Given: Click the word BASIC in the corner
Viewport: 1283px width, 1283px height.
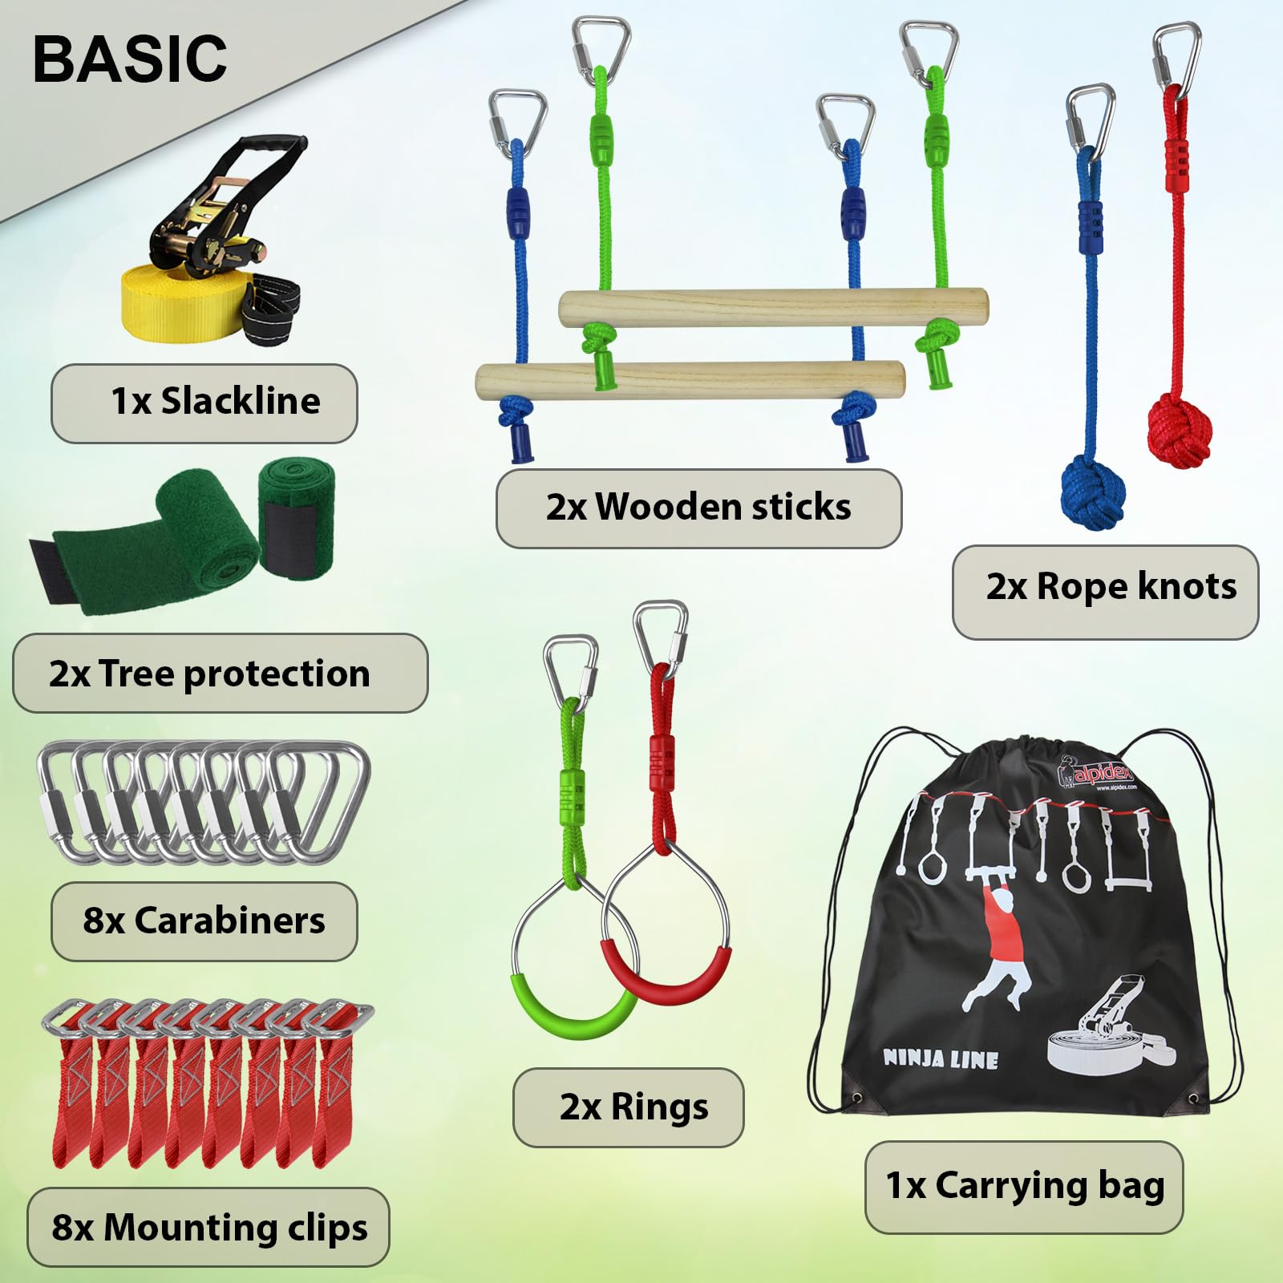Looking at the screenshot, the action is point(130,59).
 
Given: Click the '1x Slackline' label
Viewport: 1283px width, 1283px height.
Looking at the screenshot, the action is point(204,403).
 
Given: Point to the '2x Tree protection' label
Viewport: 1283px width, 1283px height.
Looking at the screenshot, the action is point(220,674).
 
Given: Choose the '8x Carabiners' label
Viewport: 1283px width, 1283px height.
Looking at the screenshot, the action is point(204,921).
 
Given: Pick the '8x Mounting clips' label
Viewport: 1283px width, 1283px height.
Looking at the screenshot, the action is point(208,1228).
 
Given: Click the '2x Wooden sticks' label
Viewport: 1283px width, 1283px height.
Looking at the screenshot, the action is point(699,508).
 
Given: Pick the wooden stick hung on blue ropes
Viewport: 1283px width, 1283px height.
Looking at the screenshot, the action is point(690,380).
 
